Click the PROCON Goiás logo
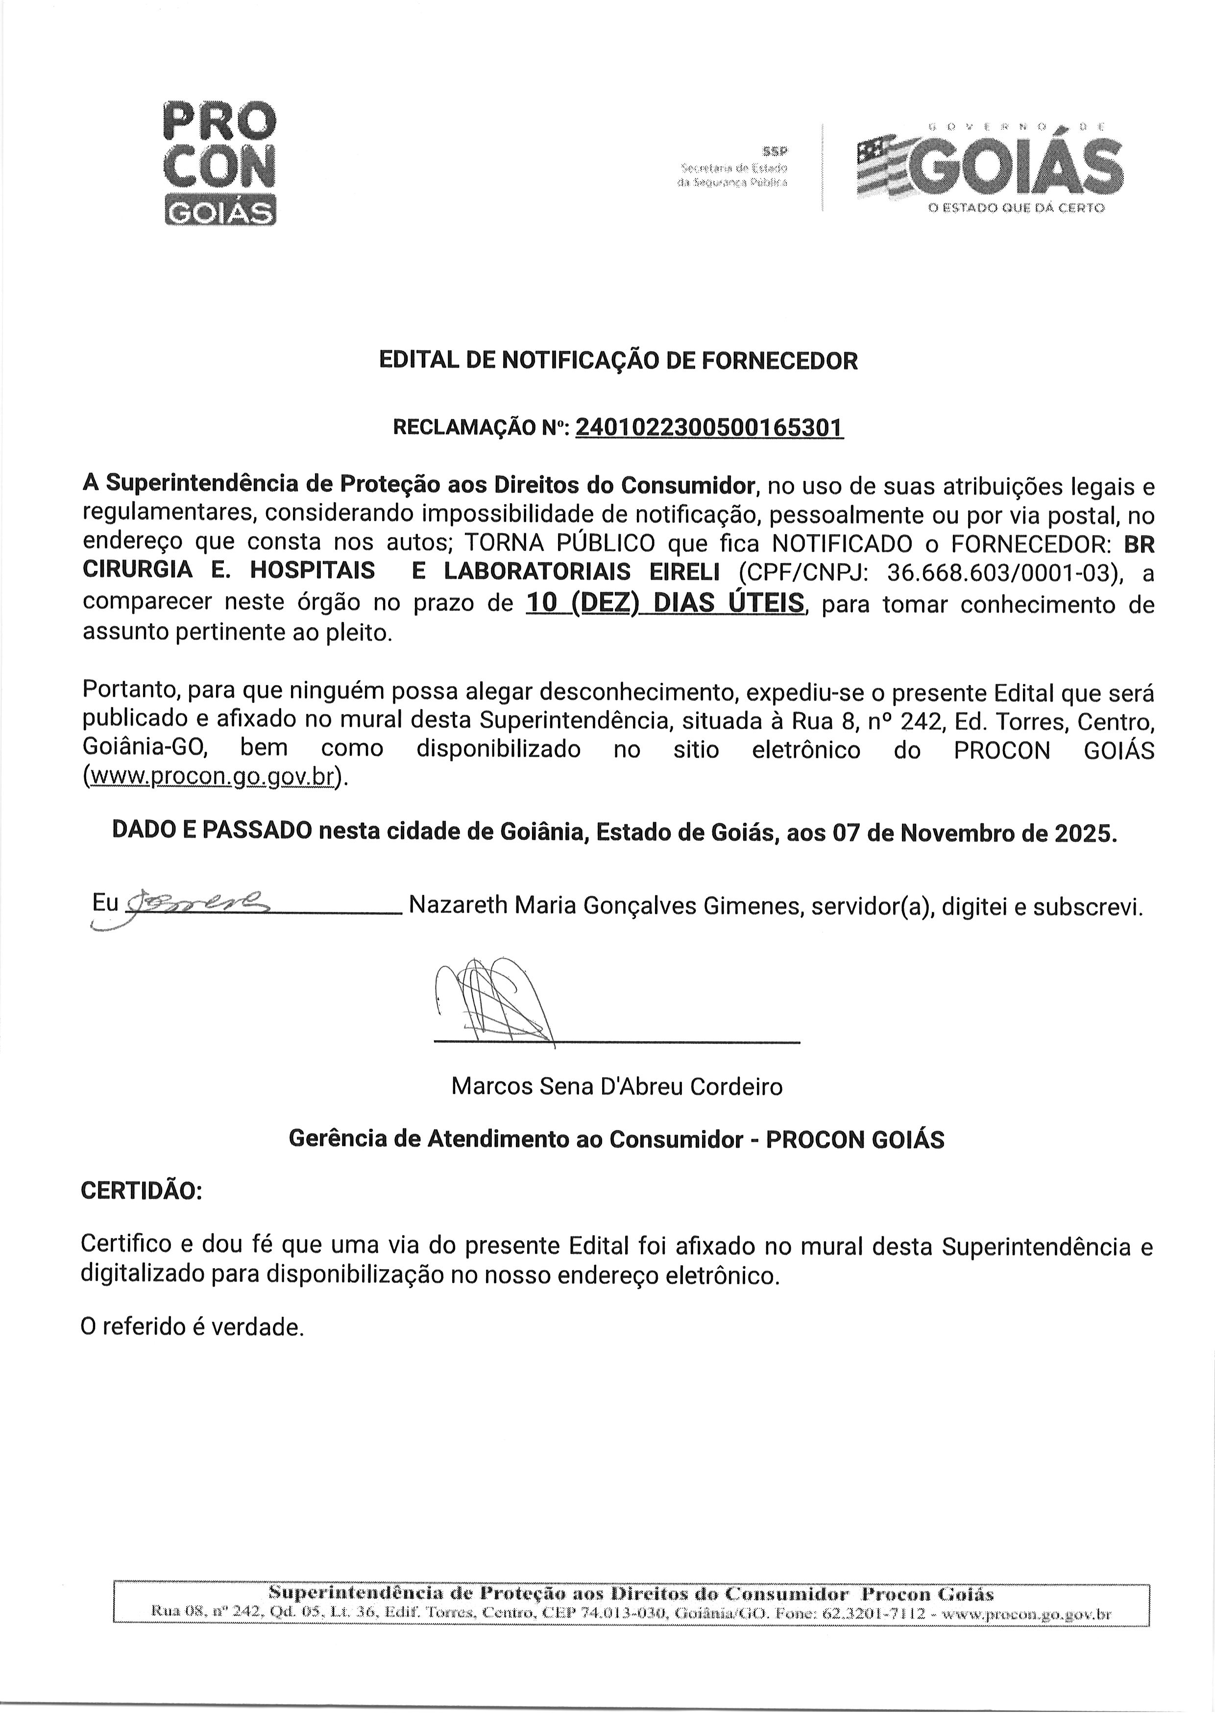[x=219, y=162]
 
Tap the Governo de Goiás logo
[x=990, y=169]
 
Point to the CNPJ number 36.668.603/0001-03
[x=1005, y=572]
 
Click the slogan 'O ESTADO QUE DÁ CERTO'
[x=1016, y=208]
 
